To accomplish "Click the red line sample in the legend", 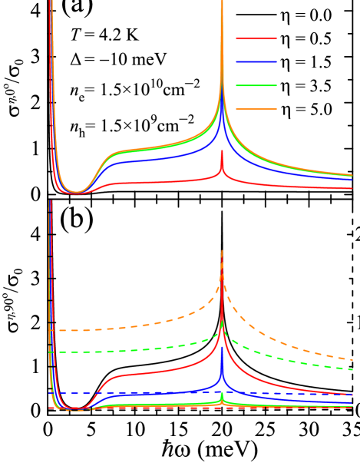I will coord(256,38).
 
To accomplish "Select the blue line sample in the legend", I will coord(256,61).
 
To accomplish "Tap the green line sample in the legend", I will coord(256,85).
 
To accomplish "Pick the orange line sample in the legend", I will coord(256,109).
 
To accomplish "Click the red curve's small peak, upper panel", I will coord(222,151).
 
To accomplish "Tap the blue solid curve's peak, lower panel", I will coord(222,348).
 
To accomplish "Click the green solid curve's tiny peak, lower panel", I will coord(222,394).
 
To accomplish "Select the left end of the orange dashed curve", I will coord(51,330).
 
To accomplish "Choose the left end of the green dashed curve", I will coord(51,352).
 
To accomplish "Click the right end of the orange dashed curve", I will coord(352,359).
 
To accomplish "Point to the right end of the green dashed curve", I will coord(352,369).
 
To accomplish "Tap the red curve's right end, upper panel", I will coord(352,188).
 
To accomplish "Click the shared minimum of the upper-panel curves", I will coord(76,192).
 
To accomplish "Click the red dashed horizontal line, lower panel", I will coord(154,408).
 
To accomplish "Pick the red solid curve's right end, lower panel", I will coord(352,395).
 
